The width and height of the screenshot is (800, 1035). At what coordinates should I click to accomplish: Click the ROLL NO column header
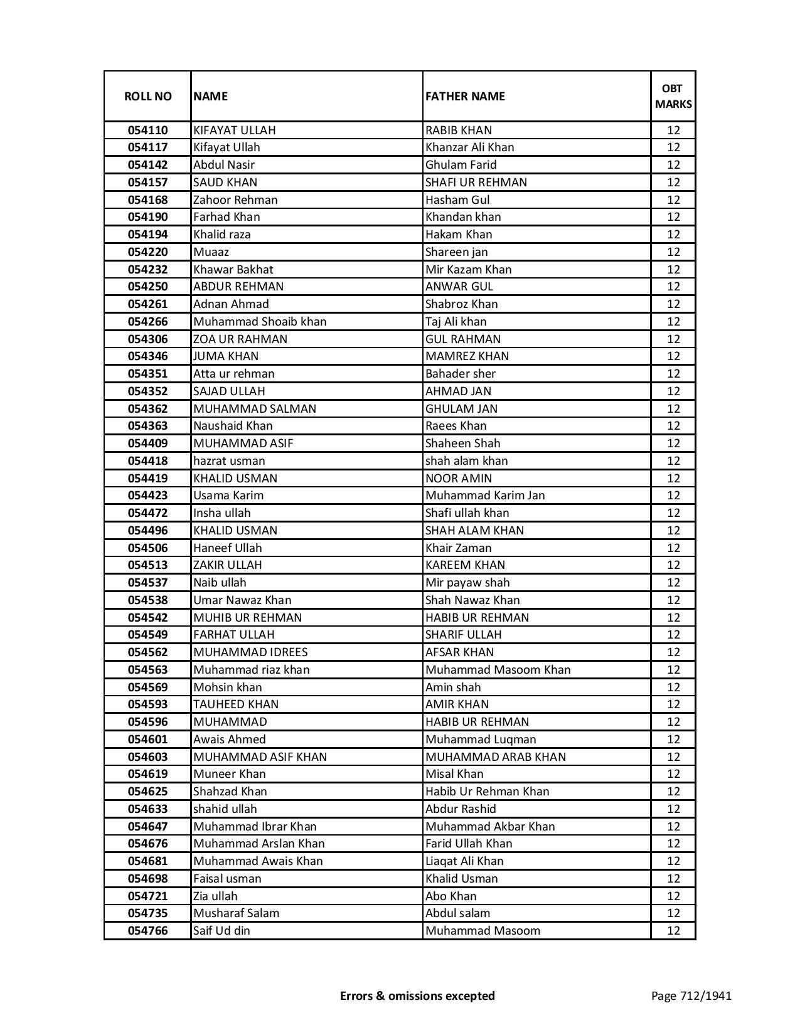(147, 97)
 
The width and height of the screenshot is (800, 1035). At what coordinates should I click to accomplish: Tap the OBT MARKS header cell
(673, 97)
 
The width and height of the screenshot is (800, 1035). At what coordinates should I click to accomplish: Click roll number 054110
(147, 130)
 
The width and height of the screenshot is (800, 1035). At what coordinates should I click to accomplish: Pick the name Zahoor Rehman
(235, 200)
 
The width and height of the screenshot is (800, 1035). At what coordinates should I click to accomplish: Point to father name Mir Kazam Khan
(468, 270)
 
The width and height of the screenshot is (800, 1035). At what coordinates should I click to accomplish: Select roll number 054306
(147, 339)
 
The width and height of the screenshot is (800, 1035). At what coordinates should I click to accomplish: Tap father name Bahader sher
(460, 374)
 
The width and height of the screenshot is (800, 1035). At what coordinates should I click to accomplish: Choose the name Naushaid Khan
(233, 426)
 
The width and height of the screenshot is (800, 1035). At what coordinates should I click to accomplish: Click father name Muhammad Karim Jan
(485, 496)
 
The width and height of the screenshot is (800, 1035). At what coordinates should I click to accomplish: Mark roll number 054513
(147, 565)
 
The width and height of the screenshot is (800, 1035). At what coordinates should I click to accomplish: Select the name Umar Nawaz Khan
(242, 600)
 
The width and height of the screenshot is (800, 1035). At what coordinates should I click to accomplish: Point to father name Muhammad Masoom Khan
(498, 670)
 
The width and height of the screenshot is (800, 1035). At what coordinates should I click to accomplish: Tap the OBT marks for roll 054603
(673, 757)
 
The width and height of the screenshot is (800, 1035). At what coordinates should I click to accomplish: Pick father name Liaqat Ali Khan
(464, 861)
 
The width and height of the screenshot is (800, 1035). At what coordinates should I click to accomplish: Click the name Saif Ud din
(221, 931)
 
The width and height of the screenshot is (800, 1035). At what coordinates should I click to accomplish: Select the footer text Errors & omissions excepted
(417, 995)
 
